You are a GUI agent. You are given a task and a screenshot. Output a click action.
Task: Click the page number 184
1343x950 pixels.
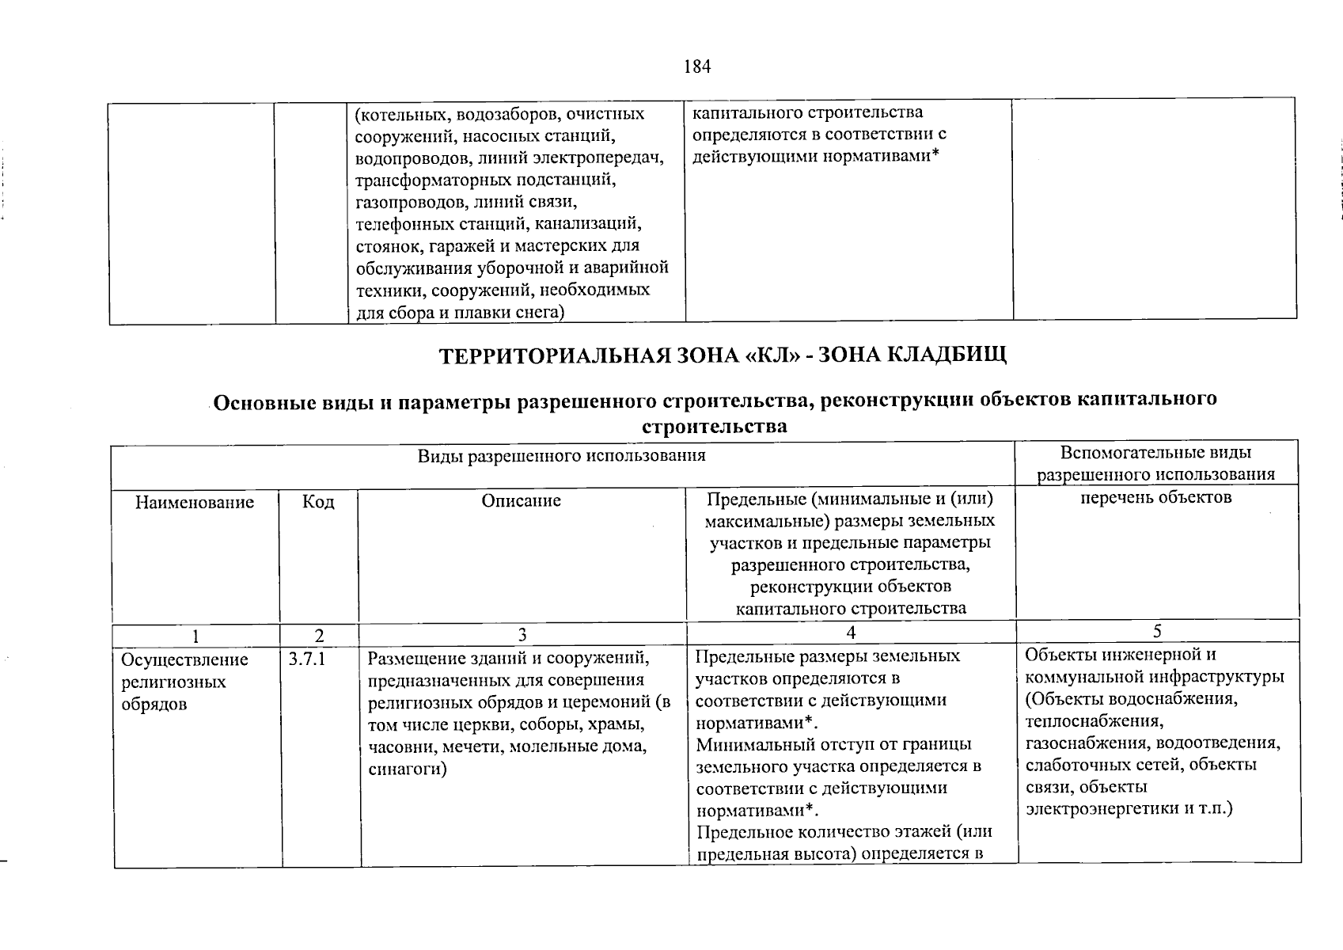click(x=697, y=66)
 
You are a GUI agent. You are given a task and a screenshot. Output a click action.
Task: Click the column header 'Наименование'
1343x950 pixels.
click(x=195, y=502)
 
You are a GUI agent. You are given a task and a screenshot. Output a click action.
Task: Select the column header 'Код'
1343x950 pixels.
click(x=318, y=502)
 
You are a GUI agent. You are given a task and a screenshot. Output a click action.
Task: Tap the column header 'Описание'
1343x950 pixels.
click(x=521, y=500)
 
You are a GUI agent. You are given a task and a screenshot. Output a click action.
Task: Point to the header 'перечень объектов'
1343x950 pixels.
click(x=1155, y=497)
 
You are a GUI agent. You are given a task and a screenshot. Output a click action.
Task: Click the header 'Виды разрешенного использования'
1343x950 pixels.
click(x=561, y=456)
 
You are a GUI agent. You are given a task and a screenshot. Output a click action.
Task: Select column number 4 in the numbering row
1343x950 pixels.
click(x=851, y=632)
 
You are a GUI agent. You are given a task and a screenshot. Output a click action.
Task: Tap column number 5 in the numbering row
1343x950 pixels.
click(x=1157, y=631)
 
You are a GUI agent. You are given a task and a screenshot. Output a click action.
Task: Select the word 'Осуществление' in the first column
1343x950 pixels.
click(x=184, y=659)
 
